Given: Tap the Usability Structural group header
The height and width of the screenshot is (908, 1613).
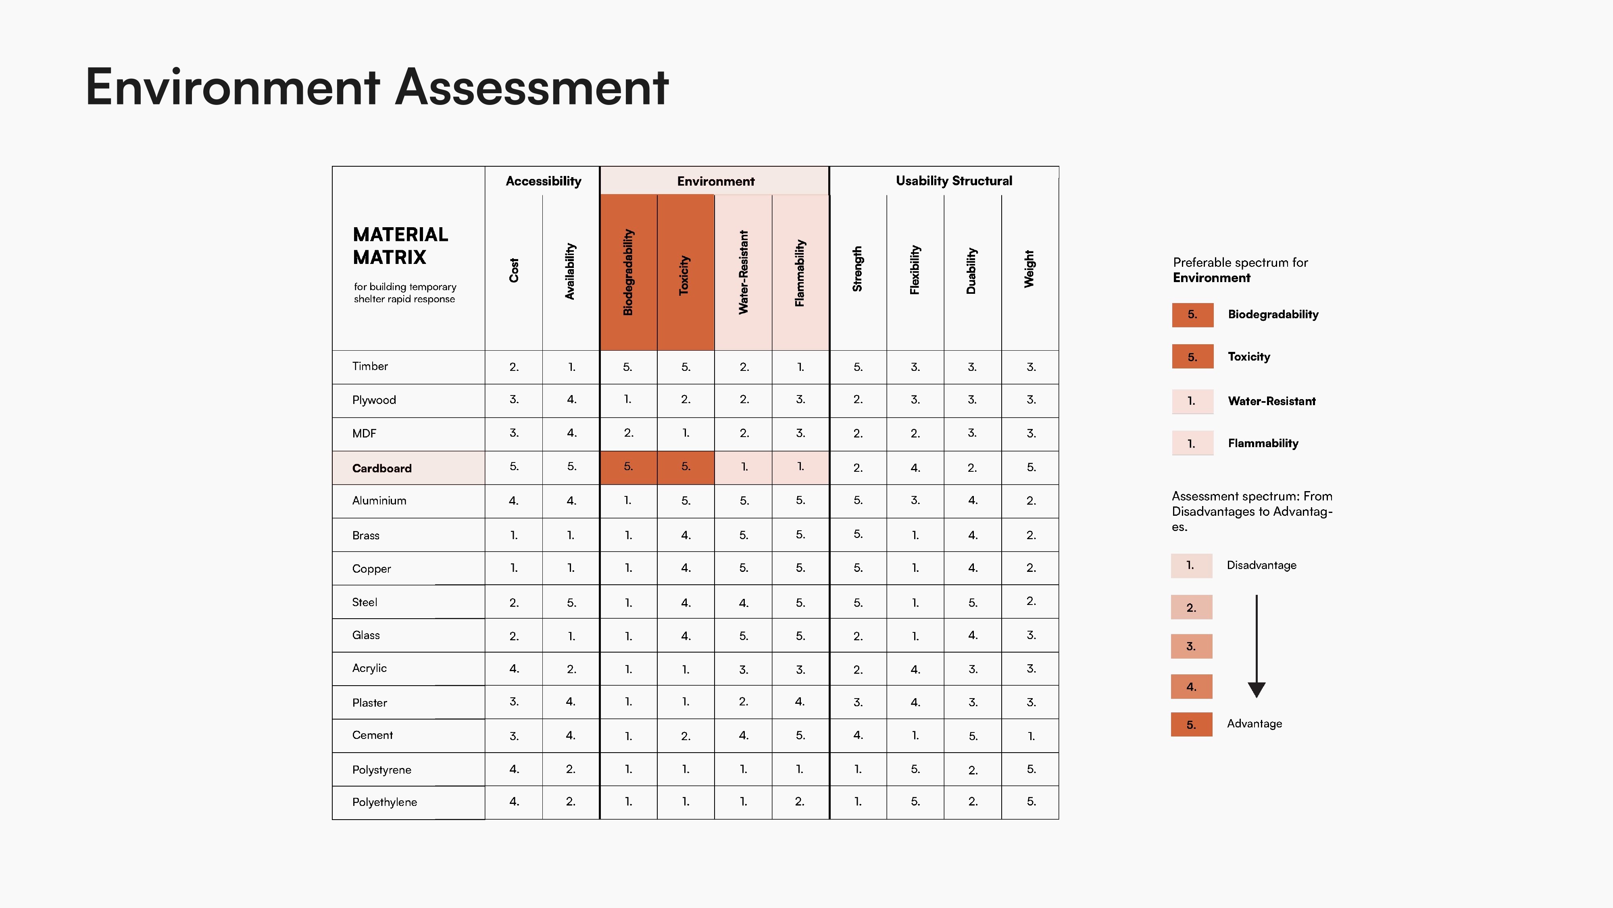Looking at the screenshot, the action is tap(954, 181).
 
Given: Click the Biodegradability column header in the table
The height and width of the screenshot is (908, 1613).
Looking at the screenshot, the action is tap(628, 272).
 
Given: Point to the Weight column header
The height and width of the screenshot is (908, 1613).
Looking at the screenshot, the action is tap(1029, 270).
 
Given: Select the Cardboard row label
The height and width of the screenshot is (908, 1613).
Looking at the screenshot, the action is tap(382, 468).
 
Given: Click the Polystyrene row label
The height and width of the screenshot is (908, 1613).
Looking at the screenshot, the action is tap(382, 770).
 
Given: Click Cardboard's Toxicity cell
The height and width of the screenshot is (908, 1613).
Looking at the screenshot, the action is tap(686, 467).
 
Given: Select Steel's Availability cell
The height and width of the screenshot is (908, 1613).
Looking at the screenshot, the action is tap(571, 602).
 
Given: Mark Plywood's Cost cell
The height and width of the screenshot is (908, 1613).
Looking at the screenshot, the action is tap(513, 400).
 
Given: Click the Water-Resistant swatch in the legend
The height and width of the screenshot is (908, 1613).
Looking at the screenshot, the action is tap(1192, 402).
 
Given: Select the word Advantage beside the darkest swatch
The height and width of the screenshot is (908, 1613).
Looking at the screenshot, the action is tap(1254, 724).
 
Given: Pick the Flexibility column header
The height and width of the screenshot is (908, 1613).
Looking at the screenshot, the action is tap(915, 270).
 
